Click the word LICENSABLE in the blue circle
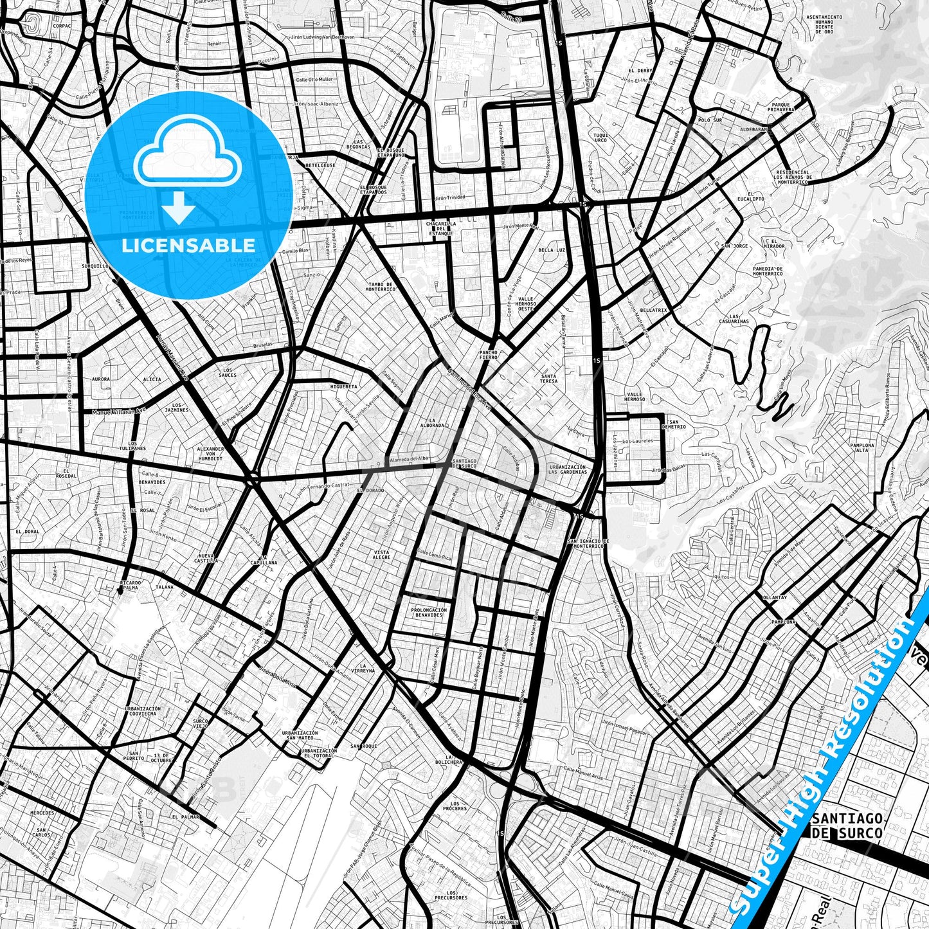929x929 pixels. (188, 246)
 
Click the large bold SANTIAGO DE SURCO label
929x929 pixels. (847, 825)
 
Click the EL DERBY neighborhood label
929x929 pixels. (640, 70)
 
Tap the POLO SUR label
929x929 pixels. (710, 120)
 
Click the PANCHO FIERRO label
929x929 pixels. (489, 355)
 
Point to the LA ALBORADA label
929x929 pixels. (432, 422)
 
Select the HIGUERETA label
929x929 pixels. (343, 386)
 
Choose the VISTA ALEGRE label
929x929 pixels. (382, 554)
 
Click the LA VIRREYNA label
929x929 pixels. (366, 667)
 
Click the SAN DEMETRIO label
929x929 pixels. (673, 424)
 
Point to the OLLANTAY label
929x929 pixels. (774, 597)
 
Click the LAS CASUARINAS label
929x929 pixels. (734, 319)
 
